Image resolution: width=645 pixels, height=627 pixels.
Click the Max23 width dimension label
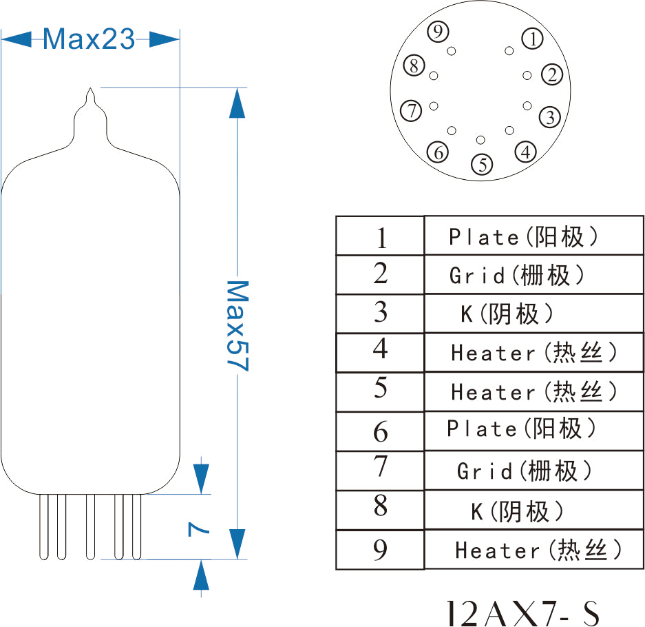pyautogui.click(x=89, y=39)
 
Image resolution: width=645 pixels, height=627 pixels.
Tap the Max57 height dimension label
pyautogui.click(x=237, y=325)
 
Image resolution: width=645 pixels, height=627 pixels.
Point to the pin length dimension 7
pyautogui.click(x=198, y=528)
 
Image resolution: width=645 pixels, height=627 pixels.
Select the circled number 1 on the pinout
pyautogui.click(x=533, y=39)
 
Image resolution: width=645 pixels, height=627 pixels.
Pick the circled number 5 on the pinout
pyautogui.click(x=483, y=164)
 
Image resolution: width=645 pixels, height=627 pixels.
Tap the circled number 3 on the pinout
pyautogui.click(x=549, y=117)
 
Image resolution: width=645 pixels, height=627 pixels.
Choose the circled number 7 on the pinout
pyautogui.click(x=412, y=110)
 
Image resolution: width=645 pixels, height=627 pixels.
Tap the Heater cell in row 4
pyautogui.click(x=534, y=353)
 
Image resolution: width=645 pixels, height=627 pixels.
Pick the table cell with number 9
pyautogui.click(x=380, y=550)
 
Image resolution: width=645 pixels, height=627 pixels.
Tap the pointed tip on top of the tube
pyautogui.click(x=91, y=92)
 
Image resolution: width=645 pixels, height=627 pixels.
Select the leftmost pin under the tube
pyautogui.click(x=44, y=527)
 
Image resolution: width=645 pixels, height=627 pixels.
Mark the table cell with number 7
pyautogui.click(x=381, y=468)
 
